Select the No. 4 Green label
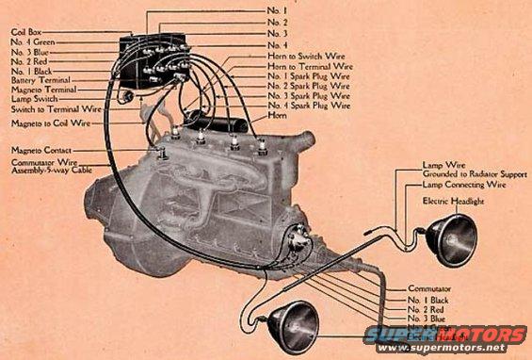(33, 41)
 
